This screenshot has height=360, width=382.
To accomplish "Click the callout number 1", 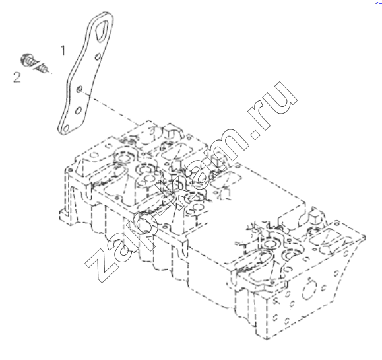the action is [x=63, y=50].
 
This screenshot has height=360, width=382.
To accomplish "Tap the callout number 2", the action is [x=16, y=77].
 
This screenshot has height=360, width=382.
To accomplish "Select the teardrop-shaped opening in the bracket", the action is [x=101, y=31].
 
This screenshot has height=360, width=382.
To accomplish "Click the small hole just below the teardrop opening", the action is [x=98, y=57].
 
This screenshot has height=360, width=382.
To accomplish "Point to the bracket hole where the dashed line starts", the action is [x=79, y=89].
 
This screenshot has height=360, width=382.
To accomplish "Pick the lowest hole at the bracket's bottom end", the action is [x=65, y=128].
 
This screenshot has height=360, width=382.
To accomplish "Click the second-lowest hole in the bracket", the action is [x=79, y=110].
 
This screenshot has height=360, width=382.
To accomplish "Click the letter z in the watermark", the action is [x=102, y=265].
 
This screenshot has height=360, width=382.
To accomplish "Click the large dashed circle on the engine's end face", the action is [x=309, y=290].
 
